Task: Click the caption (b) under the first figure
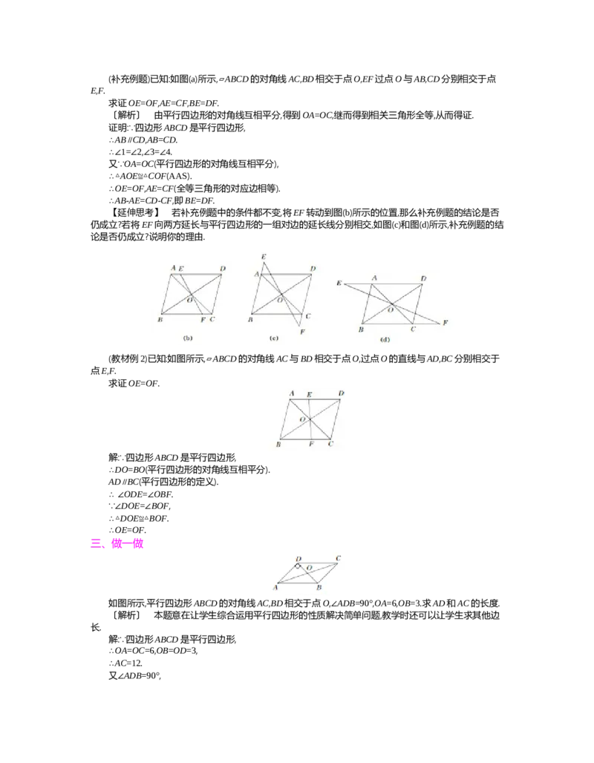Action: tap(188, 338)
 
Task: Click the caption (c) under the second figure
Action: tap(273, 338)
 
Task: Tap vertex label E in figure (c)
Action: tap(263, 257)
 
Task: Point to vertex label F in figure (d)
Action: tap(446, 323)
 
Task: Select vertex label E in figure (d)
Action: tap(339, 284)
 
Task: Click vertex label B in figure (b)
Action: tap(160, 319)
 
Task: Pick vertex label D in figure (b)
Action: tap(222, 268)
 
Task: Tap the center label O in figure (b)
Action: tap(189, 300)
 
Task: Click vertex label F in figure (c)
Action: tap(302, 332)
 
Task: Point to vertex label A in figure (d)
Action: tap(374, 278)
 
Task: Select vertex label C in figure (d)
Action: tap(414, 329)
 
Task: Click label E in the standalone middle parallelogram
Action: tap(309, 394)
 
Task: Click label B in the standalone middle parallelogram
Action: tap(278, 444)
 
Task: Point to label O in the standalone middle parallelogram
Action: tap(302, 420)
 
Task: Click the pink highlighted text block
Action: tap(117, 545)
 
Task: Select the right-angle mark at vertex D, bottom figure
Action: tap(298, 566)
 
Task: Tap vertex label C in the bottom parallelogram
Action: tap(338, 558)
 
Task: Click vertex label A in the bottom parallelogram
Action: tap(275, 587)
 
